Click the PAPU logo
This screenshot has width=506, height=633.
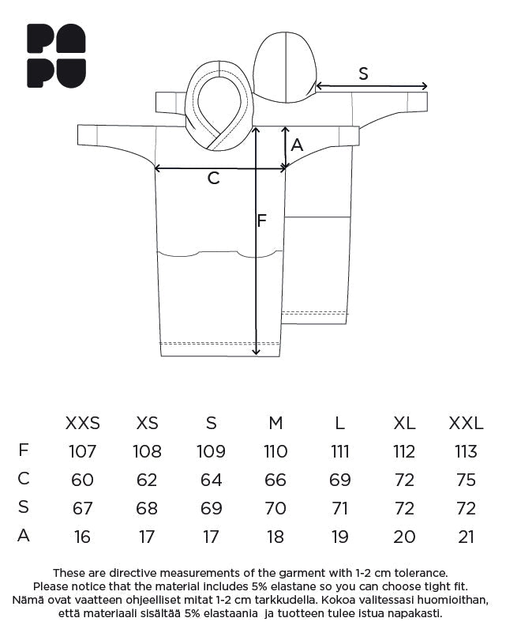coord(56,55)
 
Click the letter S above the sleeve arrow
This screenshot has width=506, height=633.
coord(363,73)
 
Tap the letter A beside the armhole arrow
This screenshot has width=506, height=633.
coord(297,145)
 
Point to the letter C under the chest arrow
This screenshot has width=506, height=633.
coord(213,179)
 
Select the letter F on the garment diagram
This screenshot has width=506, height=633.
coord(262,220)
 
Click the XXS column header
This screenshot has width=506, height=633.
coord(82,424)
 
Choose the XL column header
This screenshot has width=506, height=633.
coord(404,424)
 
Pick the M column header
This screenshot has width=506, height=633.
coord(275,424)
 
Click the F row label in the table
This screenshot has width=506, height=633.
coord(24,450)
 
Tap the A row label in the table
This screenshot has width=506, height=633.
coord(24,536)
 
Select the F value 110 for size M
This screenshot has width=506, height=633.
coord(275,452)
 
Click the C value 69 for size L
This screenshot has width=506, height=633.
coord(339,480)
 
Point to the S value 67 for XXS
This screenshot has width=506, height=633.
coord(82,508)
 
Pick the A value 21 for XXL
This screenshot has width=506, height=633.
coord(466,537)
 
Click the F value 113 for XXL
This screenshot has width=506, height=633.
coord(466,452)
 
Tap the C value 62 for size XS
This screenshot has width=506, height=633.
coord(147,480)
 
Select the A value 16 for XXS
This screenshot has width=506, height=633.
coord(82,537)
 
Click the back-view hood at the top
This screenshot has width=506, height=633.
coord(284,67)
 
